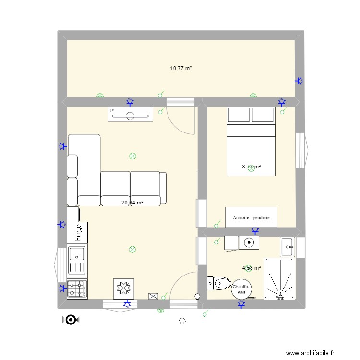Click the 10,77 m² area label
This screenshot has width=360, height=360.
pyautogui.click(x=181, y=69)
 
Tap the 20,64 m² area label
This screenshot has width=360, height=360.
pyautogui.click(x=132, y=203)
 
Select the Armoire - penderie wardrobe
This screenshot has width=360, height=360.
pyautogui.click(x=251, y=217)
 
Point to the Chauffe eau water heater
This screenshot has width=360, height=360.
pyautogui.click(x=239, y=289)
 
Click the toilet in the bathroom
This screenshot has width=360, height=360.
pyautogui.click(x=219, y=284)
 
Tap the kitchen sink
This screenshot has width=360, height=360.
pyautogui.click(x=77, y=259)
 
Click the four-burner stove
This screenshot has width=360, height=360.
pyautogui.click(x=77, y=289)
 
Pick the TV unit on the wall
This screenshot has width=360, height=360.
pyautogui.click(x=130, y=114)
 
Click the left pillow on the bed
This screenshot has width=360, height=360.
pyautogui.click(x=239, y=115)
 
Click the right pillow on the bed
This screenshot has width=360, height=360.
pyautogui.click(x=263, y=115)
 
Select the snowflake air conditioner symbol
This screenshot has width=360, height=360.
pyautogui.click(x=124, y=288)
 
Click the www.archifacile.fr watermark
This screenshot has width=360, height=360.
pyautogui.click(x=310, y=353)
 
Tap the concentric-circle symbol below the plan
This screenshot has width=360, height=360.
pyautogui.click(x=70, y=320)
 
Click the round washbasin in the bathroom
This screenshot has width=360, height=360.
pyautogui.click(x=249, y=243)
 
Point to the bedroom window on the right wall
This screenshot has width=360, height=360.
pyautogui.click(x=300, y=150)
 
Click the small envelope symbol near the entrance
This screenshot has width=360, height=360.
pyautogui.click(x=153, y=297)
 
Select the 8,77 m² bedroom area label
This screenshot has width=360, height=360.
pyautogui.click(x=251, y=167)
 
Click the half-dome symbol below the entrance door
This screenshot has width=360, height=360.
pyautogui.click(x=182, y=320)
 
